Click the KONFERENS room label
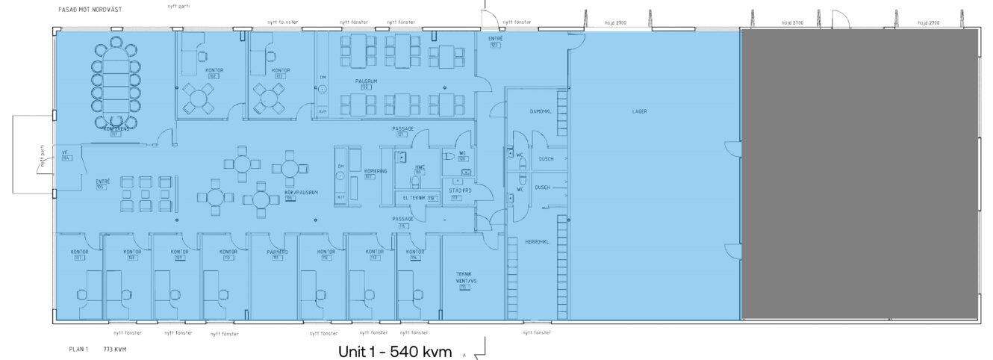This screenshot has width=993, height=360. [116, 128]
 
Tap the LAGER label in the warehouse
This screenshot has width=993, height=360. [638, 111]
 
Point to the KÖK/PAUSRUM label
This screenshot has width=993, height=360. [302, 193]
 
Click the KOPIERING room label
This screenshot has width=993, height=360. [376, 171]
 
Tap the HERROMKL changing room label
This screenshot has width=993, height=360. [538, 242]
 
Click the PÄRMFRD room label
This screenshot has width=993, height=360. [277, 252]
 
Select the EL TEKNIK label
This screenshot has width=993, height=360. [414, 198]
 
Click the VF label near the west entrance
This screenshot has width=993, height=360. [65, 152]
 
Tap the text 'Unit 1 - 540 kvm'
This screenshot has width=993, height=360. [395, 351]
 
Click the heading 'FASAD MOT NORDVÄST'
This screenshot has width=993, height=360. [90, 10]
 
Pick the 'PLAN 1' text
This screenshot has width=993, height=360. [78, 349]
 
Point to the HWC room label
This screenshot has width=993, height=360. [419, 167]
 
